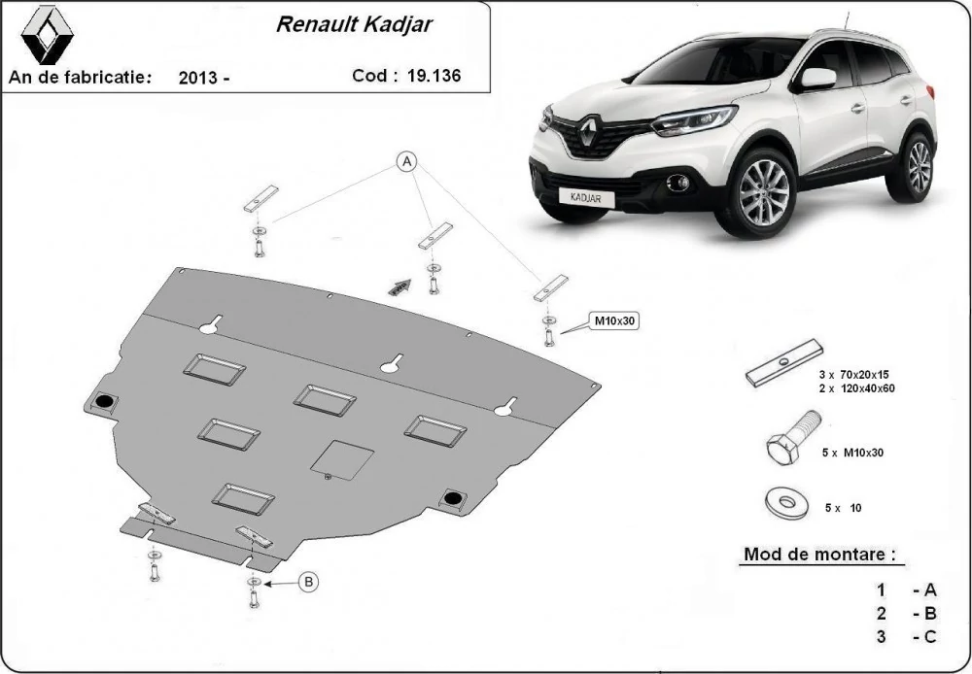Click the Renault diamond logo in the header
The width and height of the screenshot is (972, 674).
pos(47,35)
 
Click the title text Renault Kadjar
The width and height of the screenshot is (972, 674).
pos(354,24)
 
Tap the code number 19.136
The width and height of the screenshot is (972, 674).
pos(434,76)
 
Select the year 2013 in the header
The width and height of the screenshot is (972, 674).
pos(197,78)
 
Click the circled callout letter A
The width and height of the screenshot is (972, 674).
pos(406,161)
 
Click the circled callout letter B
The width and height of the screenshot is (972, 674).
pos(308,582)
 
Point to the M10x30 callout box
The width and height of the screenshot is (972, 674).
pos(615,320)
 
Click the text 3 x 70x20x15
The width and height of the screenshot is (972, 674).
pos(853,375)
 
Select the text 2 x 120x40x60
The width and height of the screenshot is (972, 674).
pos(856,389)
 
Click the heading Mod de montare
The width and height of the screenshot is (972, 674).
pos(819,554)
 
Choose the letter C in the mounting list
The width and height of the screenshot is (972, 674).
pos(930,636)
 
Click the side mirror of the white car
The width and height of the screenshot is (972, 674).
pos(817,79)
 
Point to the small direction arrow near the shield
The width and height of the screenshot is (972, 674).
pos(399,286)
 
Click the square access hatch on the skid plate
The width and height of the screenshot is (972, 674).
pos(341,459)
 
